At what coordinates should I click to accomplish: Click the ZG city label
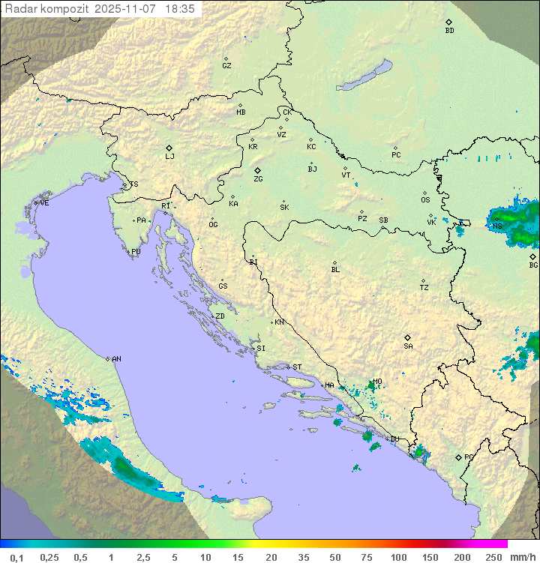click(x=258, y=179)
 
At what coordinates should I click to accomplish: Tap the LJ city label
click(x=169, y=157)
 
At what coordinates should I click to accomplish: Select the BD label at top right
click(x=449, y=31)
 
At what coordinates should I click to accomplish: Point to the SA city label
click(x=408, y=346)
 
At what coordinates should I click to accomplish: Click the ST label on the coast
click(x=297, y=367)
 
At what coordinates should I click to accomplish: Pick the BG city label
click(x=533, y=265)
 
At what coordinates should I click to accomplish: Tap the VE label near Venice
click(x=44, y=203)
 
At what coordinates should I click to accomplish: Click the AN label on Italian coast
click(x=116, y=359)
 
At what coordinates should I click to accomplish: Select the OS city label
click(x=425, y=200)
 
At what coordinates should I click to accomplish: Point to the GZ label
click(x=226, y=66)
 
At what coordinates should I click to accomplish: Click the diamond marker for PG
click(x=458, y=457)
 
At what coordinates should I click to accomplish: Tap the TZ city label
click(x=424, y=288)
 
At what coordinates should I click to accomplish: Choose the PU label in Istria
click(x=136, y=252)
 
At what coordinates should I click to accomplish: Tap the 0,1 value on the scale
click(x=16, y=557)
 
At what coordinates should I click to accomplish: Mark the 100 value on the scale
click(x=398, y=557)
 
